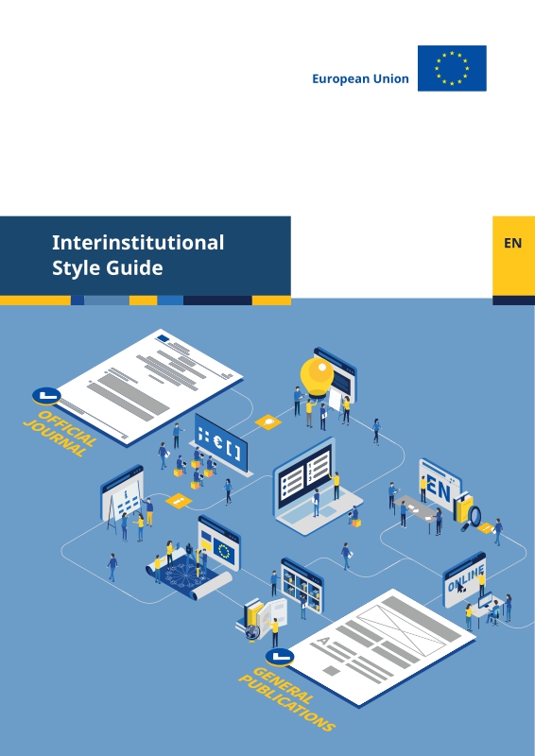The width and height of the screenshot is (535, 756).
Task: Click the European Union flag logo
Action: point(452,68)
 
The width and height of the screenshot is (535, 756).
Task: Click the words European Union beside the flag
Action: point(360,78)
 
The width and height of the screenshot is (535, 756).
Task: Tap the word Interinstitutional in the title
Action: point(138,242)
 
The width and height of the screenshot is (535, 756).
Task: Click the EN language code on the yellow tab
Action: point(513,243)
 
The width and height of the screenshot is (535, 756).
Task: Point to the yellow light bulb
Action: point(317,377)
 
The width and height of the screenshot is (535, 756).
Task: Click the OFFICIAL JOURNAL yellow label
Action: point(60,434)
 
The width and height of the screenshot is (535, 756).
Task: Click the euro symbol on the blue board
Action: point(217,442)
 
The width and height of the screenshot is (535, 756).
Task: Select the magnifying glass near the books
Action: point(475,517)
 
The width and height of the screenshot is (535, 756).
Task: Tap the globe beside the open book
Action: point(252,631)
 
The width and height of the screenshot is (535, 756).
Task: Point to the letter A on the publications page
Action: point(323,641)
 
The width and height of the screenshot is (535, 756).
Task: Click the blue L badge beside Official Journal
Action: point(46,395)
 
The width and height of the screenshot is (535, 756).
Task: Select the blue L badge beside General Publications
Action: point(280,656)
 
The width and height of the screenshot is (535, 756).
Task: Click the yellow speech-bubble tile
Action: point(268,421)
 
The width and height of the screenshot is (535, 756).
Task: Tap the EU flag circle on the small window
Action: point(223,551)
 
